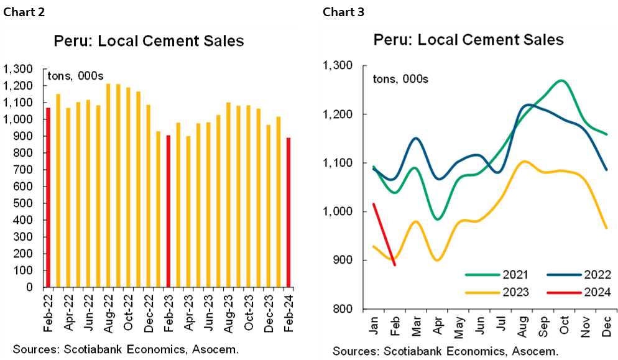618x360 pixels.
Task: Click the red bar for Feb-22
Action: [x=47, y=198]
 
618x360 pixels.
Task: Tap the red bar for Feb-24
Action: [x=288, y=213]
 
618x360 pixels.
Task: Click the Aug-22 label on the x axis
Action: [x=108, y=308]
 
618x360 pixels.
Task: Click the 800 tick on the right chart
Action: [x=341, y=309]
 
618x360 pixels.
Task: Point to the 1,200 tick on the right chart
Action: [x=336, y=114]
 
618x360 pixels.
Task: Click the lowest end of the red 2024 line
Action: [x=394, y=265]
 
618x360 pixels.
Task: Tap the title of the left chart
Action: [x=149, y=42]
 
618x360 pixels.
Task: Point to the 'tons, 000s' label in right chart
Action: [x=399, y=79]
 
